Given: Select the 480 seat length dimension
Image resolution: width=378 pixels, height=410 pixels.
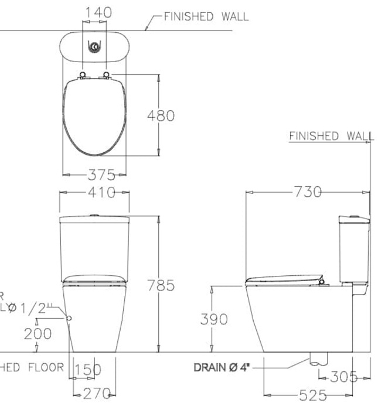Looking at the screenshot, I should tap(160, 115).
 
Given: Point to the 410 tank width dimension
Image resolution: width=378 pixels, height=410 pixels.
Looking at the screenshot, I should tap(94, 192).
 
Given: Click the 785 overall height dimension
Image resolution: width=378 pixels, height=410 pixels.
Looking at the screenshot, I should tap(160, 285).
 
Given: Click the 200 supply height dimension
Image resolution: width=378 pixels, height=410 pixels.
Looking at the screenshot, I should tap(38, 333).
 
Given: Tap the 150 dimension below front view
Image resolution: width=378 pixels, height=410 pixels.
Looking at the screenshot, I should tap(88, 370).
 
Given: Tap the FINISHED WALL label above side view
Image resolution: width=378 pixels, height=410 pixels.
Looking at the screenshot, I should tap(331, 136).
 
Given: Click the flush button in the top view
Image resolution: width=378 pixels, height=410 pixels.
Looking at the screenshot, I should tap(94, 46).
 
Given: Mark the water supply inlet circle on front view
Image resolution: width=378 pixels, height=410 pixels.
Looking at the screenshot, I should tap(69, 317).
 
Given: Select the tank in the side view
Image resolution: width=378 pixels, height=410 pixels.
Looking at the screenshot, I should tap(353, 249).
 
